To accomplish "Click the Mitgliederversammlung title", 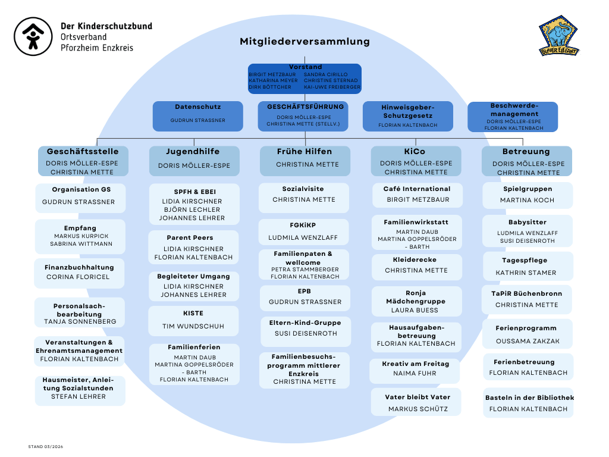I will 304,42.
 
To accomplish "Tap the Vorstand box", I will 304,79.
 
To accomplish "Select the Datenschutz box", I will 198,116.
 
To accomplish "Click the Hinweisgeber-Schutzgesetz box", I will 408,116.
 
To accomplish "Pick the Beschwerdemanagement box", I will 513,117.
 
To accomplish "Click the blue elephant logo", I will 559,36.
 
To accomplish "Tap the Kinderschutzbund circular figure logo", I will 33,37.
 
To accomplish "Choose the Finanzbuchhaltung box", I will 80,273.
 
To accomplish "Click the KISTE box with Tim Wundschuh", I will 193,320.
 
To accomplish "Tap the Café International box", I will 416,195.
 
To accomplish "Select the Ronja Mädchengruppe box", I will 416,301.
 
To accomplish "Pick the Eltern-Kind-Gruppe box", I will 305,328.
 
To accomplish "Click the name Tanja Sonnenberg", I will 80,321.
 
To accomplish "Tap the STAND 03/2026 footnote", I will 45,446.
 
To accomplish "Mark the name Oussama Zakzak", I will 526,342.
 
